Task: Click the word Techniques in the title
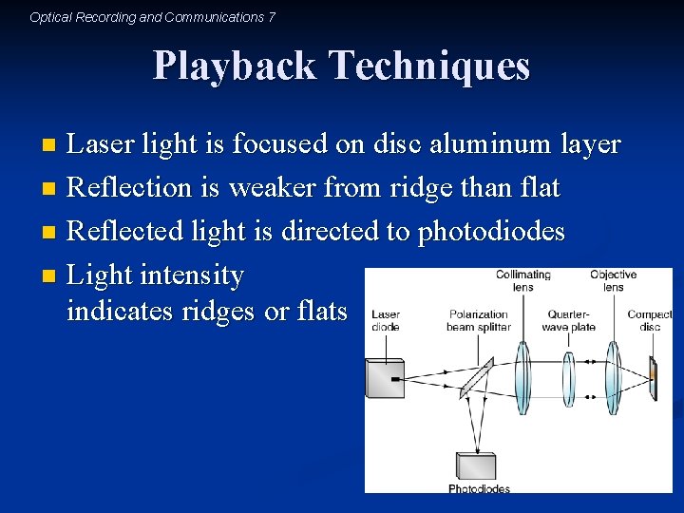pyautogui.click(x=429, y=66)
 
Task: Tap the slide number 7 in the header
pyautogui.click(x=272, y=17)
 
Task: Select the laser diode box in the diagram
pyautogui.click(x=386, y=377)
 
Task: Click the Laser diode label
pyautogui.click(x=386, y=320)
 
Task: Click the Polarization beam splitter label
pyautogui.click(x=479, y=320)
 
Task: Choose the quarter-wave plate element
pyautogui.click(x=569, y=374)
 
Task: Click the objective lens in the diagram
pyautogui.click(x=613, y=374)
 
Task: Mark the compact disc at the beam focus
pyautogui.click(x=653, y=374)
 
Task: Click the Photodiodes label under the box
pyautogui.click(x=479, y=489)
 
